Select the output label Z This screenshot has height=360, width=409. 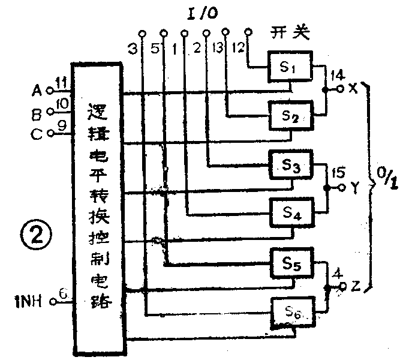pyautogui.click(x=354, y=287)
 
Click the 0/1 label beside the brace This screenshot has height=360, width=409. pyautogui.click(x=384, y=179)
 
